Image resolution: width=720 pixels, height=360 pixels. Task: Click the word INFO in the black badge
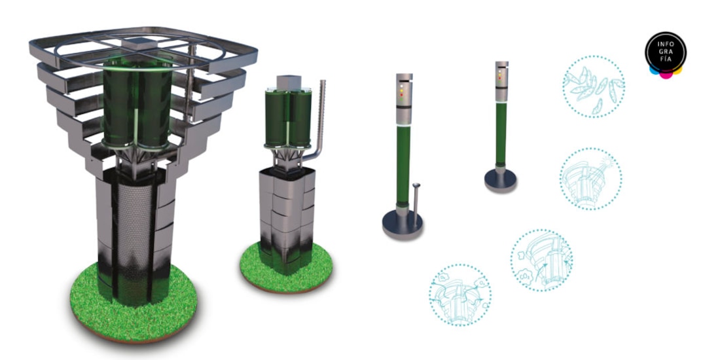point(666,45)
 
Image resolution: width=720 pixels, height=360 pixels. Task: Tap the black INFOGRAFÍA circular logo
point(666,52)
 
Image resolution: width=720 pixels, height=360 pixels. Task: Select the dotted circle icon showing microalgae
point(593,87)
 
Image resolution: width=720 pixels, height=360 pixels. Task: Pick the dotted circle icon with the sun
point(591,179)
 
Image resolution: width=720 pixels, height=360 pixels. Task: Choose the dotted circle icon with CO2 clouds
point(542,260)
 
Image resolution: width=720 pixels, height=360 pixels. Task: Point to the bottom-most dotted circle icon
point(460,295)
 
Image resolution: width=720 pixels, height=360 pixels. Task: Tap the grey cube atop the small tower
point(289,82)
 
